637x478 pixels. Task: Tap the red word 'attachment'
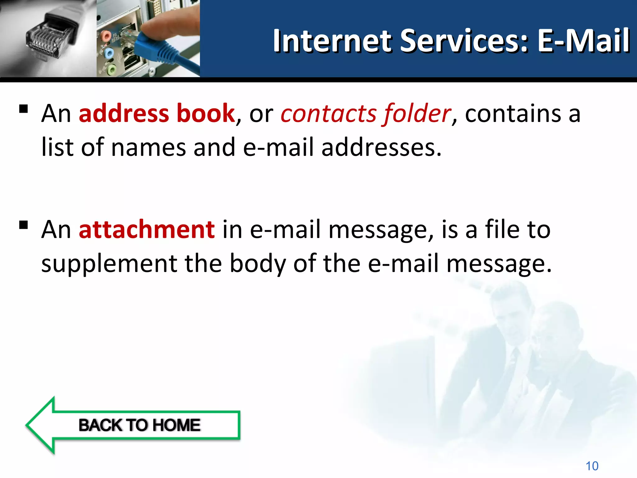point(146,230)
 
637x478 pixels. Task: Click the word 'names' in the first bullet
point(148,148)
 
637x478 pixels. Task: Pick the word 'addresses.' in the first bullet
point(381,148)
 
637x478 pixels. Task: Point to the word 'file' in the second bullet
point(502,230)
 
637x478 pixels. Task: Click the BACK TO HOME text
point(139,425)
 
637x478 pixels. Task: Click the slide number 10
point(592,466)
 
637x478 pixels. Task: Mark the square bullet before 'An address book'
point(23,109)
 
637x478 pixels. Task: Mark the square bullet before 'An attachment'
point(23,225)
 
